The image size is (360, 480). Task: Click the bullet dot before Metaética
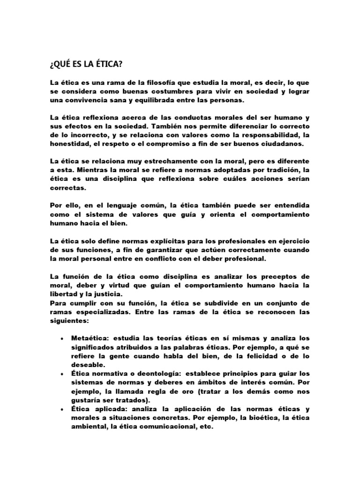(63, 338)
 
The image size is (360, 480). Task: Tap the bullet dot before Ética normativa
(63, 374)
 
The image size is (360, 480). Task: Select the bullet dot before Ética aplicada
(63, 409)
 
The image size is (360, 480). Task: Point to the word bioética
(254, 418)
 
